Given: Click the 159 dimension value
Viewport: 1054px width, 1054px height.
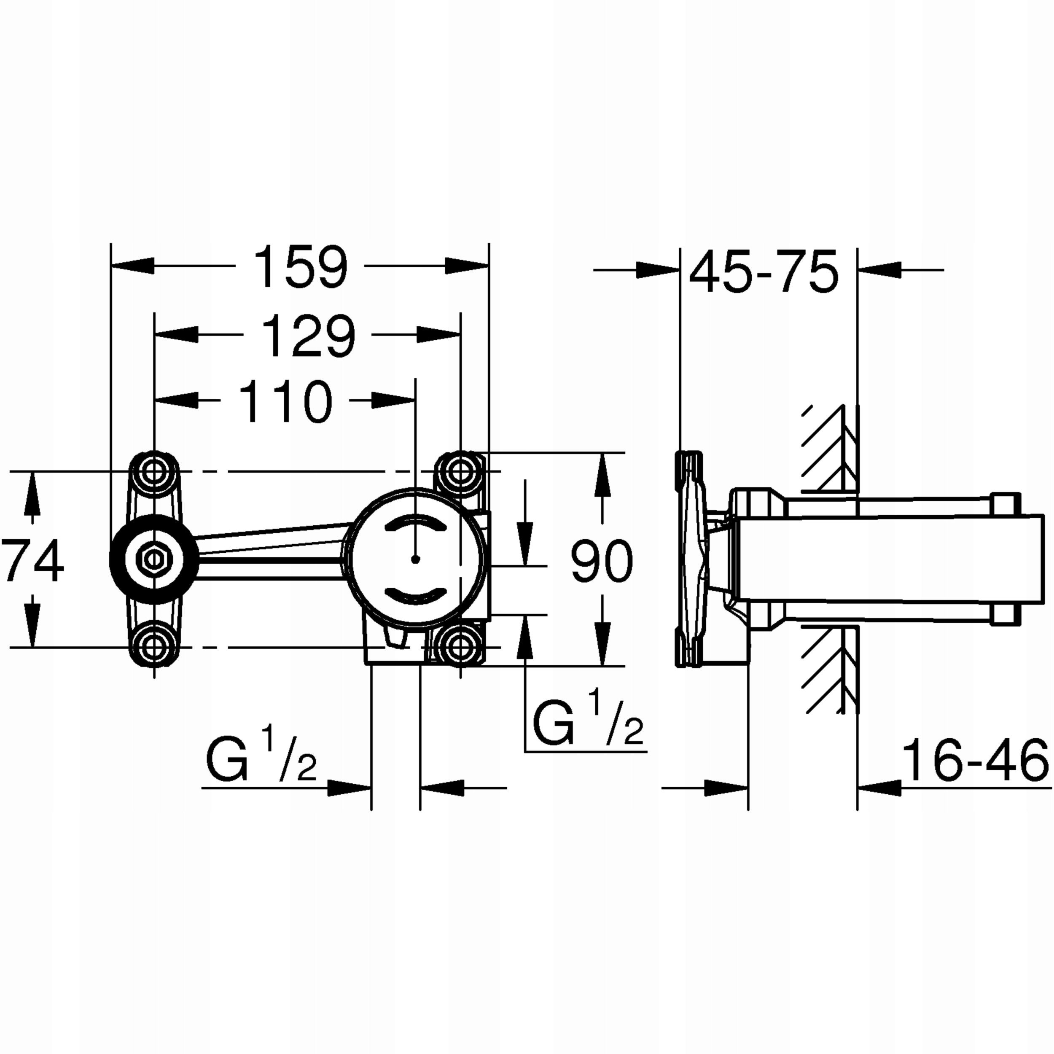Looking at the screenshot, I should click(301, 267).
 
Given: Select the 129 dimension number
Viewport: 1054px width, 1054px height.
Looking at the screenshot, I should click(308, 336).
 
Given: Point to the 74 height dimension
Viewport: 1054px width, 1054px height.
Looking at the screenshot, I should click(33, 560).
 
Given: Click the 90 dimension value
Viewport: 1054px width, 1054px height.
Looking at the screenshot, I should click(602, 560).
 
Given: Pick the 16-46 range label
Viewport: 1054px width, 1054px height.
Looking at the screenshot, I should click(975, 761).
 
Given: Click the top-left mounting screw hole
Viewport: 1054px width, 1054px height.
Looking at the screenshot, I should click(154, 470).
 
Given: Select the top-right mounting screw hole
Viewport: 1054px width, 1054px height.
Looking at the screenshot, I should click(461, 470).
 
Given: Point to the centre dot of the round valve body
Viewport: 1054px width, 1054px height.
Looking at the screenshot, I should click(416, 559).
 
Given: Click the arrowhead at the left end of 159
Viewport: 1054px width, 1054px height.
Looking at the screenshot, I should click(131, 266).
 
